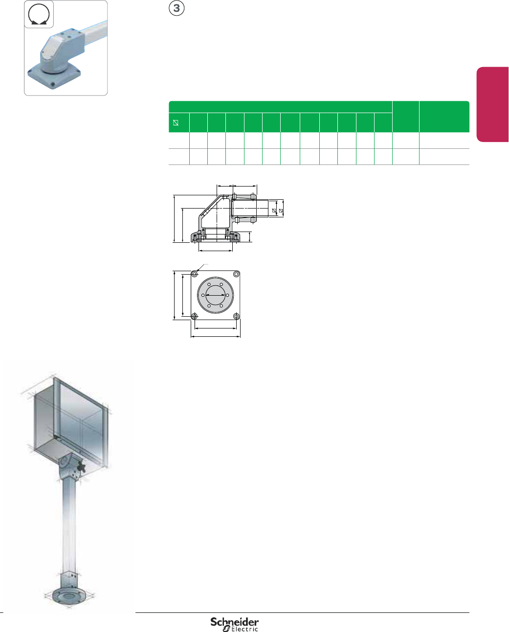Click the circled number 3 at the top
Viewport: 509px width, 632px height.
[177, 8]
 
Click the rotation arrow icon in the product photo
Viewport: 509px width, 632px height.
[39, 15]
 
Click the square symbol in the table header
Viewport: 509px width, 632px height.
[176, 123]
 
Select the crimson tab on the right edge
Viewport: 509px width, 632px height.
[492, 105]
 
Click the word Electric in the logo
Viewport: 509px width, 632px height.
[244, 629]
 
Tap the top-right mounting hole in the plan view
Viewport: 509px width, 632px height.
[236, 274]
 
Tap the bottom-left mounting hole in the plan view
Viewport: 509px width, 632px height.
[195, 316]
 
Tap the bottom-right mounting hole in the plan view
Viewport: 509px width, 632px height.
[236, 316]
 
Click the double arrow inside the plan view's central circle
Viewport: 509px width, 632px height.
[216, 295]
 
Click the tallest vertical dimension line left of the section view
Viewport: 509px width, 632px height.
[174, 218]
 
